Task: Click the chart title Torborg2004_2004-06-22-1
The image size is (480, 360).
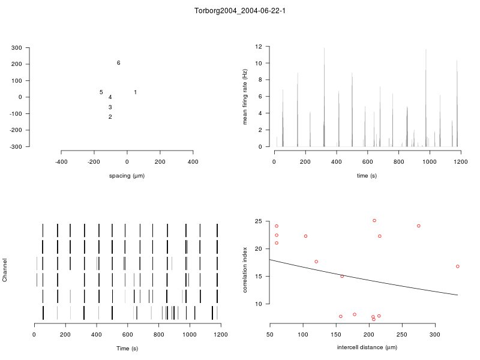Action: click(240, 11)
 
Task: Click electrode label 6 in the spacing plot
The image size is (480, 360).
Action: click(118, 63)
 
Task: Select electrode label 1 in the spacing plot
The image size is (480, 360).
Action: click(135, 92)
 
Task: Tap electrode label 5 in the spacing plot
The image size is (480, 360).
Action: click(101, 92)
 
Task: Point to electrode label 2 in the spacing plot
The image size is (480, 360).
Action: click(110, 117)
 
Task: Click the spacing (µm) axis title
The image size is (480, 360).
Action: click(127, 176)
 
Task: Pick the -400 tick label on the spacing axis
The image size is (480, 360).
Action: click(61, 161)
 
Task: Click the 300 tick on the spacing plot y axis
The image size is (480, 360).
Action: click(33, 47)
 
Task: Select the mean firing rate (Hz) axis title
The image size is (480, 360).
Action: click(245, 97)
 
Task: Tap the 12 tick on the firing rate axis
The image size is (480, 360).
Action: click(259, 46)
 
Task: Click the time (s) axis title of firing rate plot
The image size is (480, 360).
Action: click(367, 176)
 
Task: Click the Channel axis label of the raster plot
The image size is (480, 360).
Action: click(5, 271)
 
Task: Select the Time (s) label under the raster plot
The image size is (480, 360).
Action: click(127, 349)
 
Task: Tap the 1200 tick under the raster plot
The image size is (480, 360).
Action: click(221, 334)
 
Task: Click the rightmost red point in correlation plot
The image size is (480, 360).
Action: click(458, 266)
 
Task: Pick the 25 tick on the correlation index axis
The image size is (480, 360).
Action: click(259, 221)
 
